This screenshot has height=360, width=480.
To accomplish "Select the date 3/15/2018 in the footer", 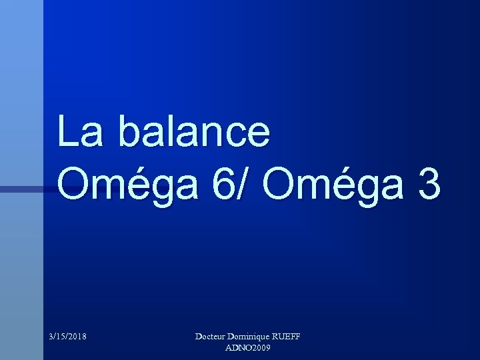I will click(67, 337).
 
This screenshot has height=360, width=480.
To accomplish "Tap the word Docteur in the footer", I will click(212, 337).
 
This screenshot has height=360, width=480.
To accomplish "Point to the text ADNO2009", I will click(248, 348).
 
